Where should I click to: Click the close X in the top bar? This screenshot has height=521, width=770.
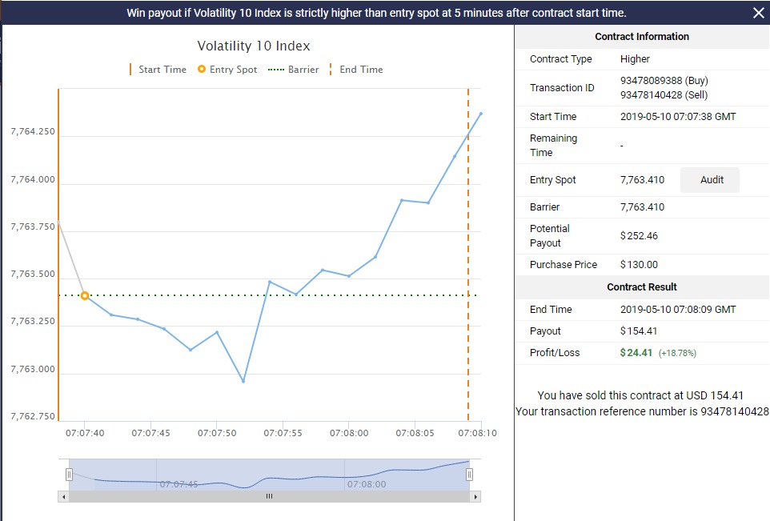758,12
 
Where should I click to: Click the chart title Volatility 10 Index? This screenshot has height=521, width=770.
254,46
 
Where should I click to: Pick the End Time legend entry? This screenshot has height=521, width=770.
356,70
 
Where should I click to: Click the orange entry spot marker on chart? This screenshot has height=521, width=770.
85,296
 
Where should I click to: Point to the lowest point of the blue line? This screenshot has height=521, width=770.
243,381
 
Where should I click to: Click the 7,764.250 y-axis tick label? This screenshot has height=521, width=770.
33,131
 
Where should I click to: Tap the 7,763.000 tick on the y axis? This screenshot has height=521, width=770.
33,369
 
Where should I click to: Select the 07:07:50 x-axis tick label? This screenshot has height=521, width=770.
218,433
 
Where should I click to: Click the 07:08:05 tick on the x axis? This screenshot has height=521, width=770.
415,433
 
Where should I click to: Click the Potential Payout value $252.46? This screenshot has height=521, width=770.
639,236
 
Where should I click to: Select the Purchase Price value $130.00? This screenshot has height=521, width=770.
639,265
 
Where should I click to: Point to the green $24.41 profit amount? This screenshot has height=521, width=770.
636,353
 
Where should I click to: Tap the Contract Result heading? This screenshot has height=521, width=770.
642,287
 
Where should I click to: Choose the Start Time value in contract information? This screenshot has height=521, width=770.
678,117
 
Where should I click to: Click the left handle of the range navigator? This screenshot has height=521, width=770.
69,475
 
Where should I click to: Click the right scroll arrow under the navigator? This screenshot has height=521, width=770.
476,497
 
